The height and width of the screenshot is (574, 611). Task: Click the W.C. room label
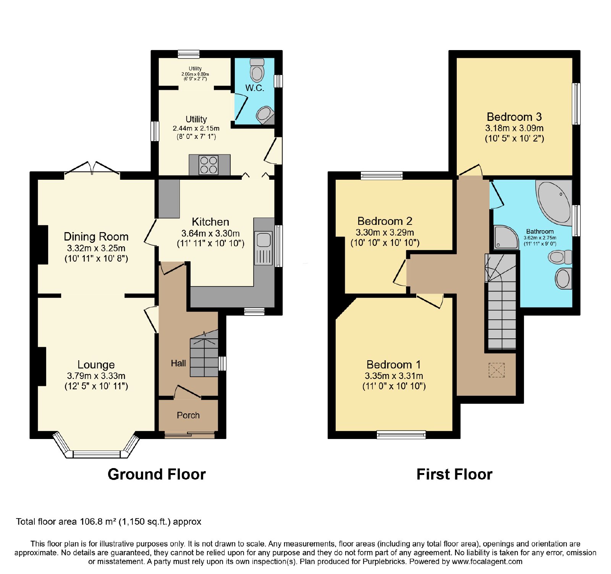pyautogui.click(x=255, y=88)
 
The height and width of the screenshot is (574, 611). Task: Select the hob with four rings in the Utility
pyautogui.click(x=209, y=165)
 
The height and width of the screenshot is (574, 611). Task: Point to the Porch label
pyautogui.click(x=188, y=415)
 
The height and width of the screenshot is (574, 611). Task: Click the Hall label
pyautogui.click(x=178, y=363)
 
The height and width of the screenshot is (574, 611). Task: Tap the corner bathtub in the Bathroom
pyautogui.click(x=554, y=201)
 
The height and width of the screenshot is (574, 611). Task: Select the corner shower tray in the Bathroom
pyautogui.click(x=506, y=237)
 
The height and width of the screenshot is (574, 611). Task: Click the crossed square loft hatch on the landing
pyautogui.click(x=496, y=370)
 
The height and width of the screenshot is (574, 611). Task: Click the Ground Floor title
pyautogui.click(x=157, y=474)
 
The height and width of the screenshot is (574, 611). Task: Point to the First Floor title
pyautogui.click(x=454, y=474)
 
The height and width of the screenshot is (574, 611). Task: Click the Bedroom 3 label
pyautogui.click(x=514, y=117)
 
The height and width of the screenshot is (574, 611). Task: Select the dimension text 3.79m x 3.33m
pyautogui.click(x=96, y=376)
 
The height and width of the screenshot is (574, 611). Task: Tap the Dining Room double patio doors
pyautogui.click(x=92, y=170)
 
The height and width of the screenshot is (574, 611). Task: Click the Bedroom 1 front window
pyautogui.click(x=401, y=434)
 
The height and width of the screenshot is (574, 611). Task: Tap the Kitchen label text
pyautogui.click(x=210, y=222)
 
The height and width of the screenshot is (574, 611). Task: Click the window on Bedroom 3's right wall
pyautogui.click(x=576, y=104)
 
